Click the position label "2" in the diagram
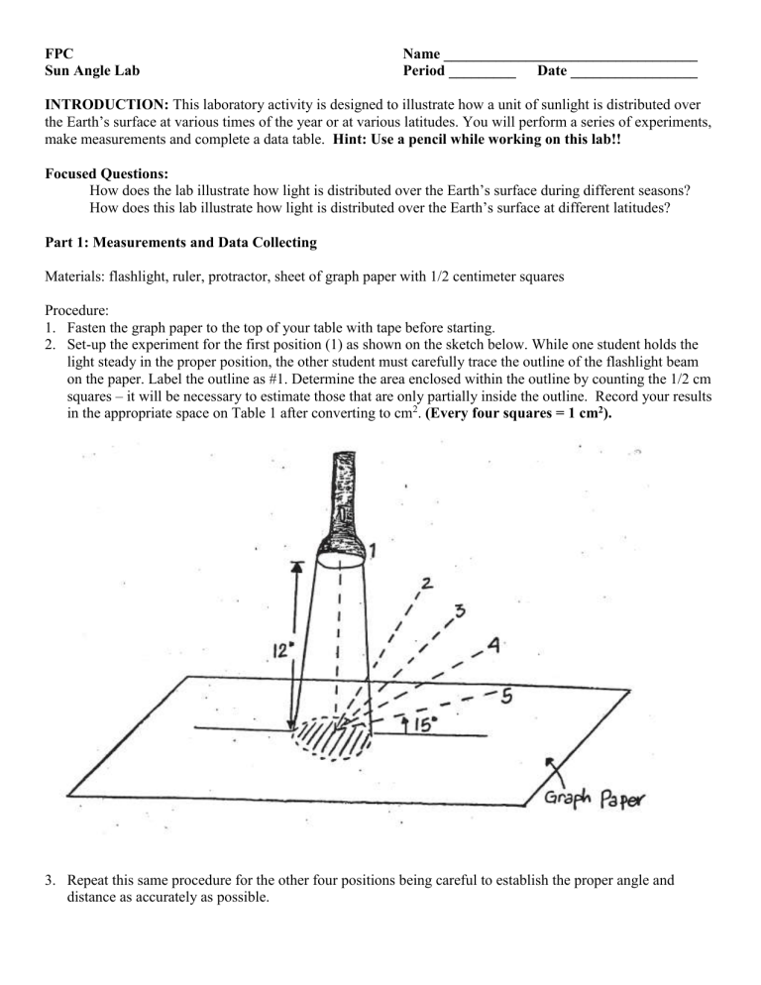click(x=426, y=585)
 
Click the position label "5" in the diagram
click(x=505, y=695)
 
